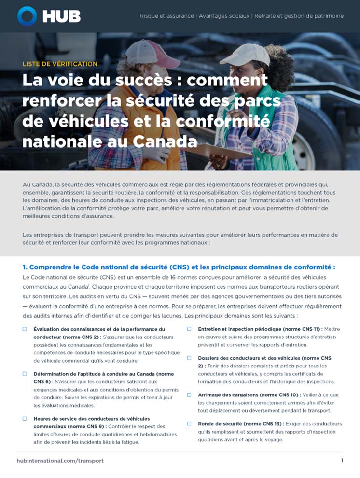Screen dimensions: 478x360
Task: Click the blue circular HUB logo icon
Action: click(x=27, y=16)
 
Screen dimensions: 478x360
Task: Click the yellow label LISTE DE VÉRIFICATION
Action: click(x=60, y=64)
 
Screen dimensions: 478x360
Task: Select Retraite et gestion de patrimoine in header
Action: click(x=299, y=16)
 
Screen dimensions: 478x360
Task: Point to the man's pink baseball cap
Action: click(x=144, y=51)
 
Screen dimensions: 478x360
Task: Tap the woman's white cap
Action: click(x=251, y=54)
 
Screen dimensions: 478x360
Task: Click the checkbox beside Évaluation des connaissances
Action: click(x=25, y=329)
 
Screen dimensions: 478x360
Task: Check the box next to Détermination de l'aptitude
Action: click(x=25, y=374)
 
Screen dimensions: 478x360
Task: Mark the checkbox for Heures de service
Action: click(x=25, y=419)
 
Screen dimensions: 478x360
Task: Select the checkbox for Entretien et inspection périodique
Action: click(x=189, y=329)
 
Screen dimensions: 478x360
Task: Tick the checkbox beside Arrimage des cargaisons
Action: click(x=189, y=394)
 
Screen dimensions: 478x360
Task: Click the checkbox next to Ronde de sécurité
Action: click(x=189, y=423)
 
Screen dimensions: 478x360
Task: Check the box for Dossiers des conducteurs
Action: click(x=189, y=358)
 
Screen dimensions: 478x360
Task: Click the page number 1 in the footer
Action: click(x=342, y=460)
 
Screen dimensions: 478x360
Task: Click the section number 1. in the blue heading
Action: click(x=26, y=267)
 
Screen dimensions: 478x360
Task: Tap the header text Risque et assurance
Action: click(x=167, y=16)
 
